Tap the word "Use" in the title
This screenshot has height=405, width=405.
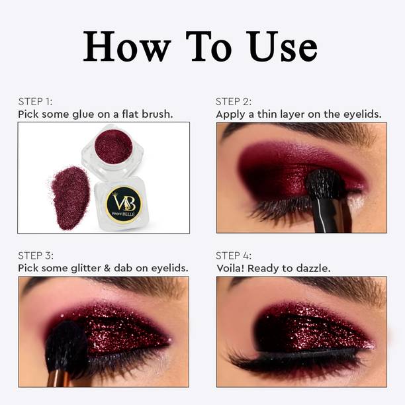pos(281,46)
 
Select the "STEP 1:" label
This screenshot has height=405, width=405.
pos(35,101)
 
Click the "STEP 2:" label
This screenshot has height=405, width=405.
pos(234,101)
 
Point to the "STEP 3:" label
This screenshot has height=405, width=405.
pos(36,255)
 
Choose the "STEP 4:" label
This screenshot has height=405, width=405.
pos(234,255)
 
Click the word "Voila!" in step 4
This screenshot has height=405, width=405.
pos(230,268)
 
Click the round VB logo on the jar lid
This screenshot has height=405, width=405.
pos(124,204)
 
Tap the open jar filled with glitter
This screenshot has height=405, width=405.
pos(112,150)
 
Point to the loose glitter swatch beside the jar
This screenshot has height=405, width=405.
pos(70,198)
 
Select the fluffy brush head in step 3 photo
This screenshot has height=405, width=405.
pos(67,346)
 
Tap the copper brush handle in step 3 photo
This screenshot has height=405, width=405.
pos(58,378)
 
